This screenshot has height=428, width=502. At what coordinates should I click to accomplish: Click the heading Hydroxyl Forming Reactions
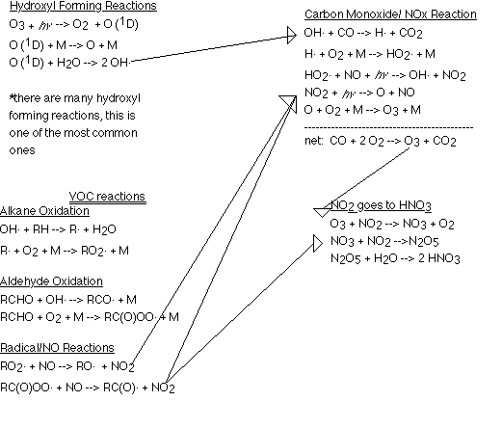(x=83, y=6)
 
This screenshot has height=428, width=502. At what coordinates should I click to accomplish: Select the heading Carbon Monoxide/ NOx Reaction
(x=390, y=14)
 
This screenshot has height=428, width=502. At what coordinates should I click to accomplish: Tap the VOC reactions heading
(x=107, y=197)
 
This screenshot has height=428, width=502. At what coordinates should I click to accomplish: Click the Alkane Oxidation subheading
(x=44, y=211)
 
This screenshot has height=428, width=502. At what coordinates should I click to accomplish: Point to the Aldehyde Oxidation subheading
(x=51, y=281)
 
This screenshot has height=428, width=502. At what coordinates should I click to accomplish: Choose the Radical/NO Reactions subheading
(x=57, y=348)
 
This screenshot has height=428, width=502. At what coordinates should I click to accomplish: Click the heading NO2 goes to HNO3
(x=381, y=205)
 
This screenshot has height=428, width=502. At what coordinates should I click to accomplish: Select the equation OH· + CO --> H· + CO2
(x=363, y=33)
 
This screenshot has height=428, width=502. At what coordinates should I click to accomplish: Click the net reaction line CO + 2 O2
(x=381, y=141)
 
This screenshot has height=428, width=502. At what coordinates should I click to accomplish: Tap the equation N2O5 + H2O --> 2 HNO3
(x=395, y=258)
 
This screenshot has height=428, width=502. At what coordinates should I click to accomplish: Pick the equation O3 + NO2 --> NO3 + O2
(x=392, y=224)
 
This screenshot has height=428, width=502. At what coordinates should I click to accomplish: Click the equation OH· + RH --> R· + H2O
(x=58, y=229)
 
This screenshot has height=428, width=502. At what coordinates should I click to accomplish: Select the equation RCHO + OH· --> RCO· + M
(x=68, y=300)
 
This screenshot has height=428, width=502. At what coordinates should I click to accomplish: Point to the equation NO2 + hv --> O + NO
(x=359, y=93)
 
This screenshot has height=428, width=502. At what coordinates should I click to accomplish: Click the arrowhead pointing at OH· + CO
(x=292, y=35)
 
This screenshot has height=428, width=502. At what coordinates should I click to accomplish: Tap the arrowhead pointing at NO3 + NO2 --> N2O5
(x=318, y=243)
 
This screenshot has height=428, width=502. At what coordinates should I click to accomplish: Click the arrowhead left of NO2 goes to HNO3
(x=322, y=212)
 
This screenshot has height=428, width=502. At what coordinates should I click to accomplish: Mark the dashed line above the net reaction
(x=388, y=128)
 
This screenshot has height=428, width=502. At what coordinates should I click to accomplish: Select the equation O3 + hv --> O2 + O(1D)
(x=74, y=24)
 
